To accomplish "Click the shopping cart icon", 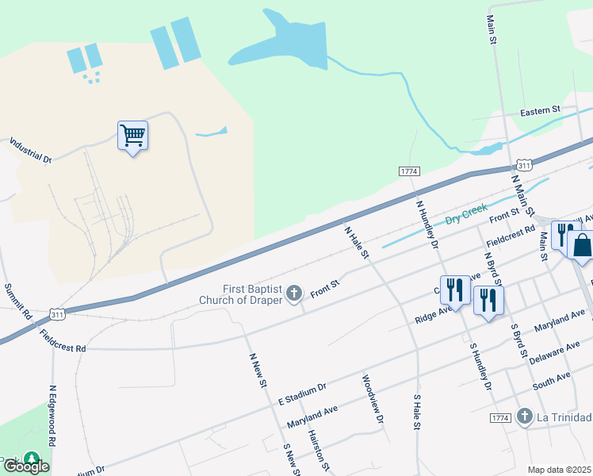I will pos(132,136).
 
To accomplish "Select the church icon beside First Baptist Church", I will pos(294,294).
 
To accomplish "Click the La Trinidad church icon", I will pos(524,416).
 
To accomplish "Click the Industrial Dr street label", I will pos(29,150).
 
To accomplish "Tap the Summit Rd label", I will pos(17,302).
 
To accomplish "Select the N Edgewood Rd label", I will pos(53,426).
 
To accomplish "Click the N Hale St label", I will pos(357,242).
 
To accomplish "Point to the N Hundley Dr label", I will pos(427,224).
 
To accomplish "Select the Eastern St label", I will pos(540,110).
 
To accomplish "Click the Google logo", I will pos(25,467).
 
